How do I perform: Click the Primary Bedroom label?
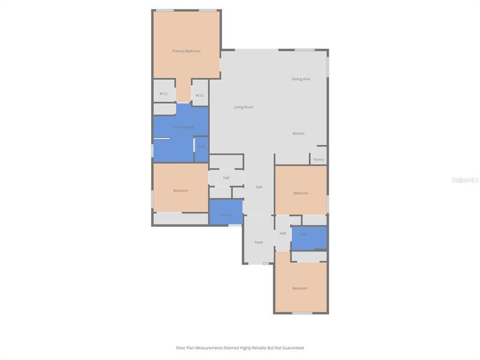186,51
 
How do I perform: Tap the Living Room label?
244,107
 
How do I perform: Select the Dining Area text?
301,79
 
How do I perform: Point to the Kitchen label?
298,133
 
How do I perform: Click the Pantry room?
319,160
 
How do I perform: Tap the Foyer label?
259,242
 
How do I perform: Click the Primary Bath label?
184,127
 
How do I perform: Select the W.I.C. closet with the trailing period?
164,94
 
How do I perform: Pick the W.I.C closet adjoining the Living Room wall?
199,95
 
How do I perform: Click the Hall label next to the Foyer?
283,233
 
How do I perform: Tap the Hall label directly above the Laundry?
226,178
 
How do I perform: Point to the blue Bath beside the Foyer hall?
304,234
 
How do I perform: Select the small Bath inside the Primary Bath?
202,147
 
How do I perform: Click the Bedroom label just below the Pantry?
301,193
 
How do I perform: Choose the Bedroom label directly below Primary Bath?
181,191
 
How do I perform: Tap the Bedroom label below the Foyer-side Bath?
300,289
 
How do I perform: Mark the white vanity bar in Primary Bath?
163,139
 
